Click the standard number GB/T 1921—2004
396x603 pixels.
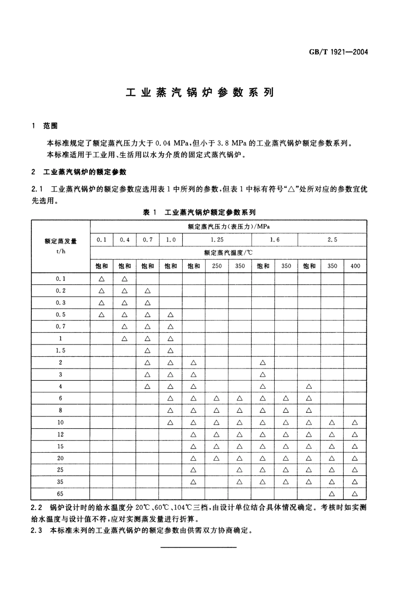pos(338,52)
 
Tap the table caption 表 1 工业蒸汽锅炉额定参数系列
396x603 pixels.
pos(199,212)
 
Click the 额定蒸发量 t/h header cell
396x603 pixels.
pos(60,246)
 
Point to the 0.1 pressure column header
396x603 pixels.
pos(101,240)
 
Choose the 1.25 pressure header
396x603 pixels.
pos(217,240)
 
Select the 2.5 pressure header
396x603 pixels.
pos(332,240)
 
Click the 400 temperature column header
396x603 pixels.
pos(355,266)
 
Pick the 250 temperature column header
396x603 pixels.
pos(217,266)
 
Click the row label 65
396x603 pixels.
pos(60,494)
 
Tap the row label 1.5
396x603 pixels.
pos(60,351)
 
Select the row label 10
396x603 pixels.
pos(60,422)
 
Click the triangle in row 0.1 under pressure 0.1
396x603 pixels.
pos(101,279)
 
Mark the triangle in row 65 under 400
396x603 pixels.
pos(355,494)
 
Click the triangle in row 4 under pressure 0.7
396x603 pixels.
pos(148,387)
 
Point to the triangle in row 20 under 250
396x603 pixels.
pos(217,458)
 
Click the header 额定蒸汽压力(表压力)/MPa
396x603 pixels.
pos(228,227)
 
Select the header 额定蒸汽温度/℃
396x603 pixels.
pos(228,253)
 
